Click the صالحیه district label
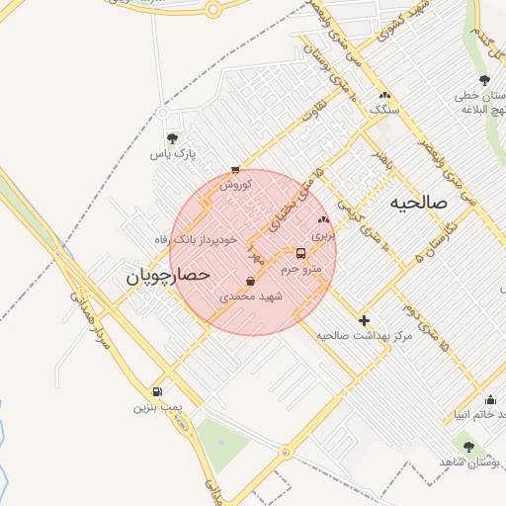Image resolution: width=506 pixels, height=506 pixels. tap(419, 202)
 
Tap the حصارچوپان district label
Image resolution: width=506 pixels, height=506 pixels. tap(168, 277)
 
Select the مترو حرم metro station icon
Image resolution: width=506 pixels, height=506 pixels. tap(301, 253)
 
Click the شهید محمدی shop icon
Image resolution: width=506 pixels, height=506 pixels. tap(250, 282)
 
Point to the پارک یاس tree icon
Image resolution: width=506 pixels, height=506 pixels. tap(173, 138)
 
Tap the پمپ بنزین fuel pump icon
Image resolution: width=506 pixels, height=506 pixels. tap(157, 391)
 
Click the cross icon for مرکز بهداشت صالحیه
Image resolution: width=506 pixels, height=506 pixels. tap(365, 320)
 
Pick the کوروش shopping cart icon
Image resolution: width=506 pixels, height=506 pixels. tap(235, 170)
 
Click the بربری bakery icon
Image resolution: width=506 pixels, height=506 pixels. tap(323, 219)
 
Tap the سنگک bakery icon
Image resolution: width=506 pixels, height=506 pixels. tap(383, 95)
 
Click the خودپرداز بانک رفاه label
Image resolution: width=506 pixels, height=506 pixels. tap(205, 239)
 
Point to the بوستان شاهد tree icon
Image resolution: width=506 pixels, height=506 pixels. tap(468, 447)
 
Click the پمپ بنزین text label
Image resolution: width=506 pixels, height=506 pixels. tap(157, 407)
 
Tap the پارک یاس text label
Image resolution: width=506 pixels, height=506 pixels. tap(173, 155)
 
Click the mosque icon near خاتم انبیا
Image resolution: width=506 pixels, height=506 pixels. tap(491, 400)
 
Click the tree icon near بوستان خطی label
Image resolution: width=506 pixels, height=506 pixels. tap(484, 80)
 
